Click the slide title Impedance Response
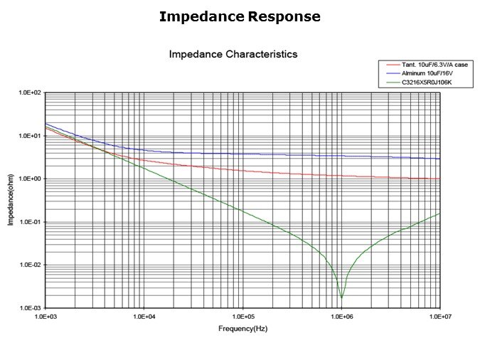pos(240,16)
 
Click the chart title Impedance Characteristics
pos(233,54)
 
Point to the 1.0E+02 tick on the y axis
pos(31,93)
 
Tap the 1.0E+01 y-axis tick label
pos(31,136)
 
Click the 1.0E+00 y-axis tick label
pos(31,179)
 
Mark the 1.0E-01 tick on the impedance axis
pos(31,222)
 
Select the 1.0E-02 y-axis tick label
pos(31,265)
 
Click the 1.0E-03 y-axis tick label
pos(31,308)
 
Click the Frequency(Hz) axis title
pos(242,329)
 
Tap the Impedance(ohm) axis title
pos(11,201)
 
